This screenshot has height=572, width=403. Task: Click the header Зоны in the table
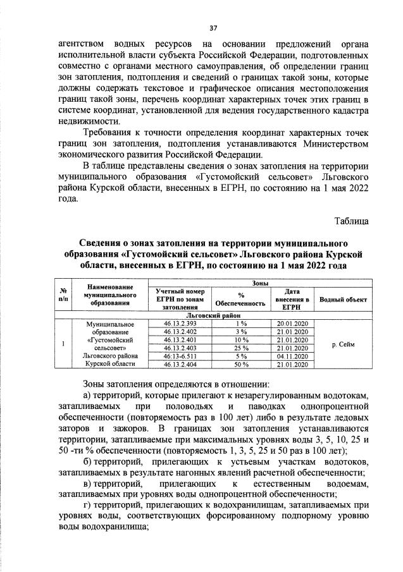point(260,284)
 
